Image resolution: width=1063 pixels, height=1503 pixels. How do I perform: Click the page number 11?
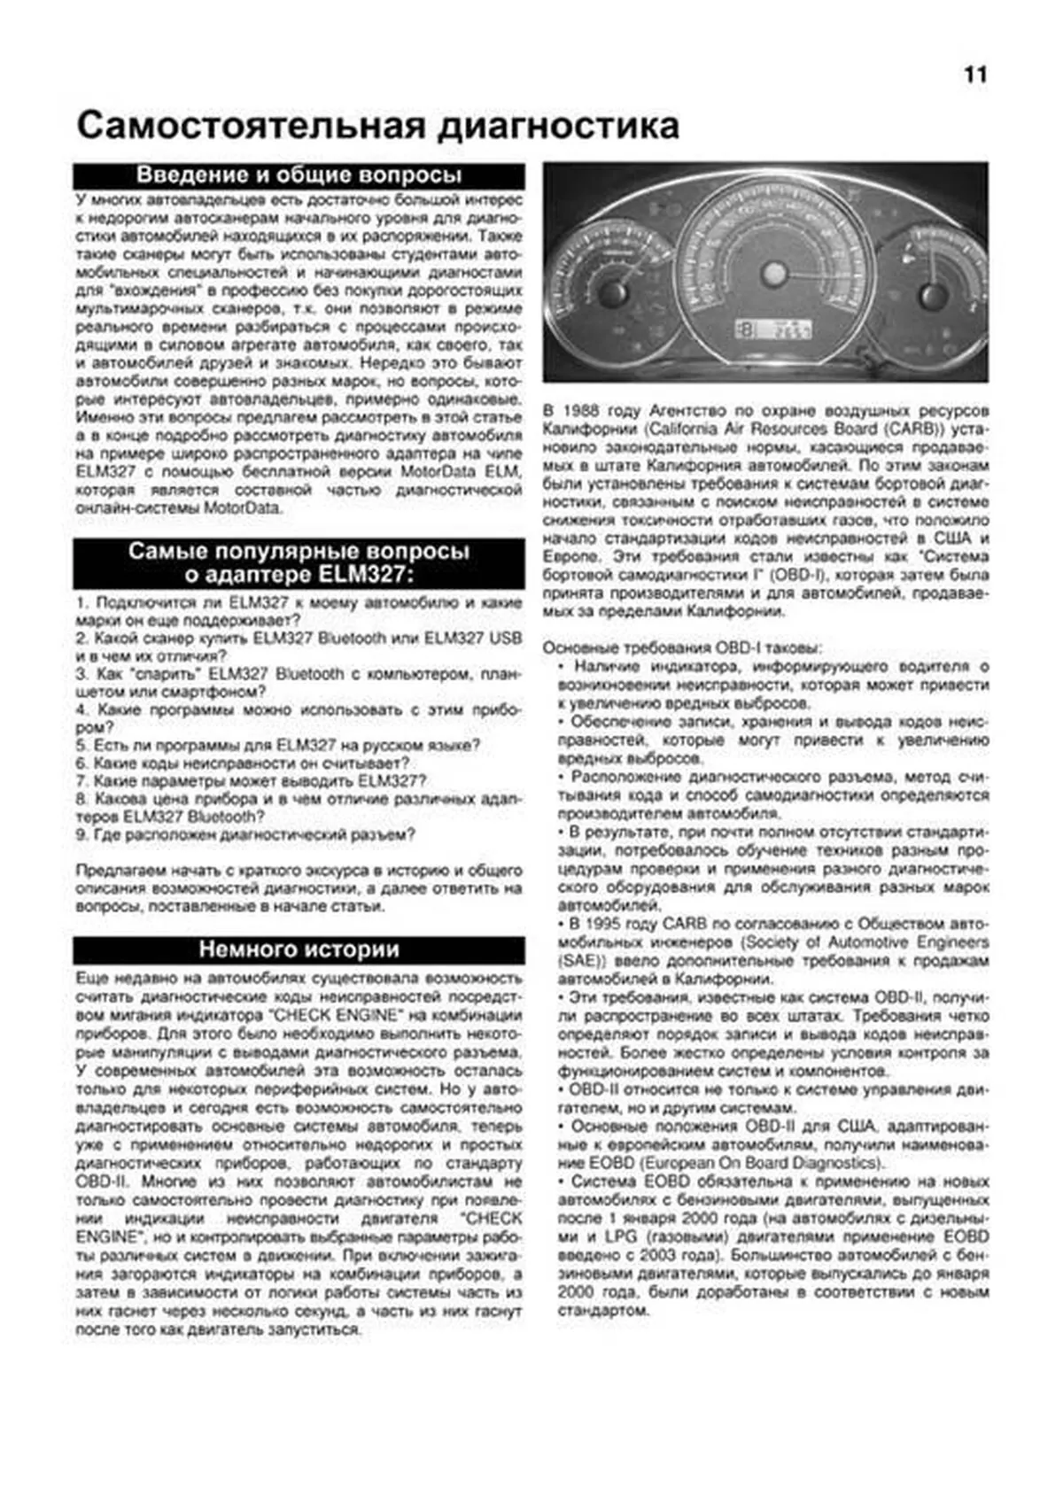pos(974,75)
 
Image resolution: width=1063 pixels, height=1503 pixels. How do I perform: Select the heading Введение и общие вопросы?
pos(299,174)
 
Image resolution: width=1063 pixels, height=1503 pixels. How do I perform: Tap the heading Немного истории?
pos(299,949)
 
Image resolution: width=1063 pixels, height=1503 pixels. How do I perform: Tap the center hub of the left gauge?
pos(611,291)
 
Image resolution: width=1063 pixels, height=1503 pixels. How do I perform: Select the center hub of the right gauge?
pos(930,294)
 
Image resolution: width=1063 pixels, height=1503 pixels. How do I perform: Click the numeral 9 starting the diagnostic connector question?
pos(80,834)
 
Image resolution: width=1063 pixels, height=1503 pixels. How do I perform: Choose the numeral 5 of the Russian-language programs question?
pos(80,745)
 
